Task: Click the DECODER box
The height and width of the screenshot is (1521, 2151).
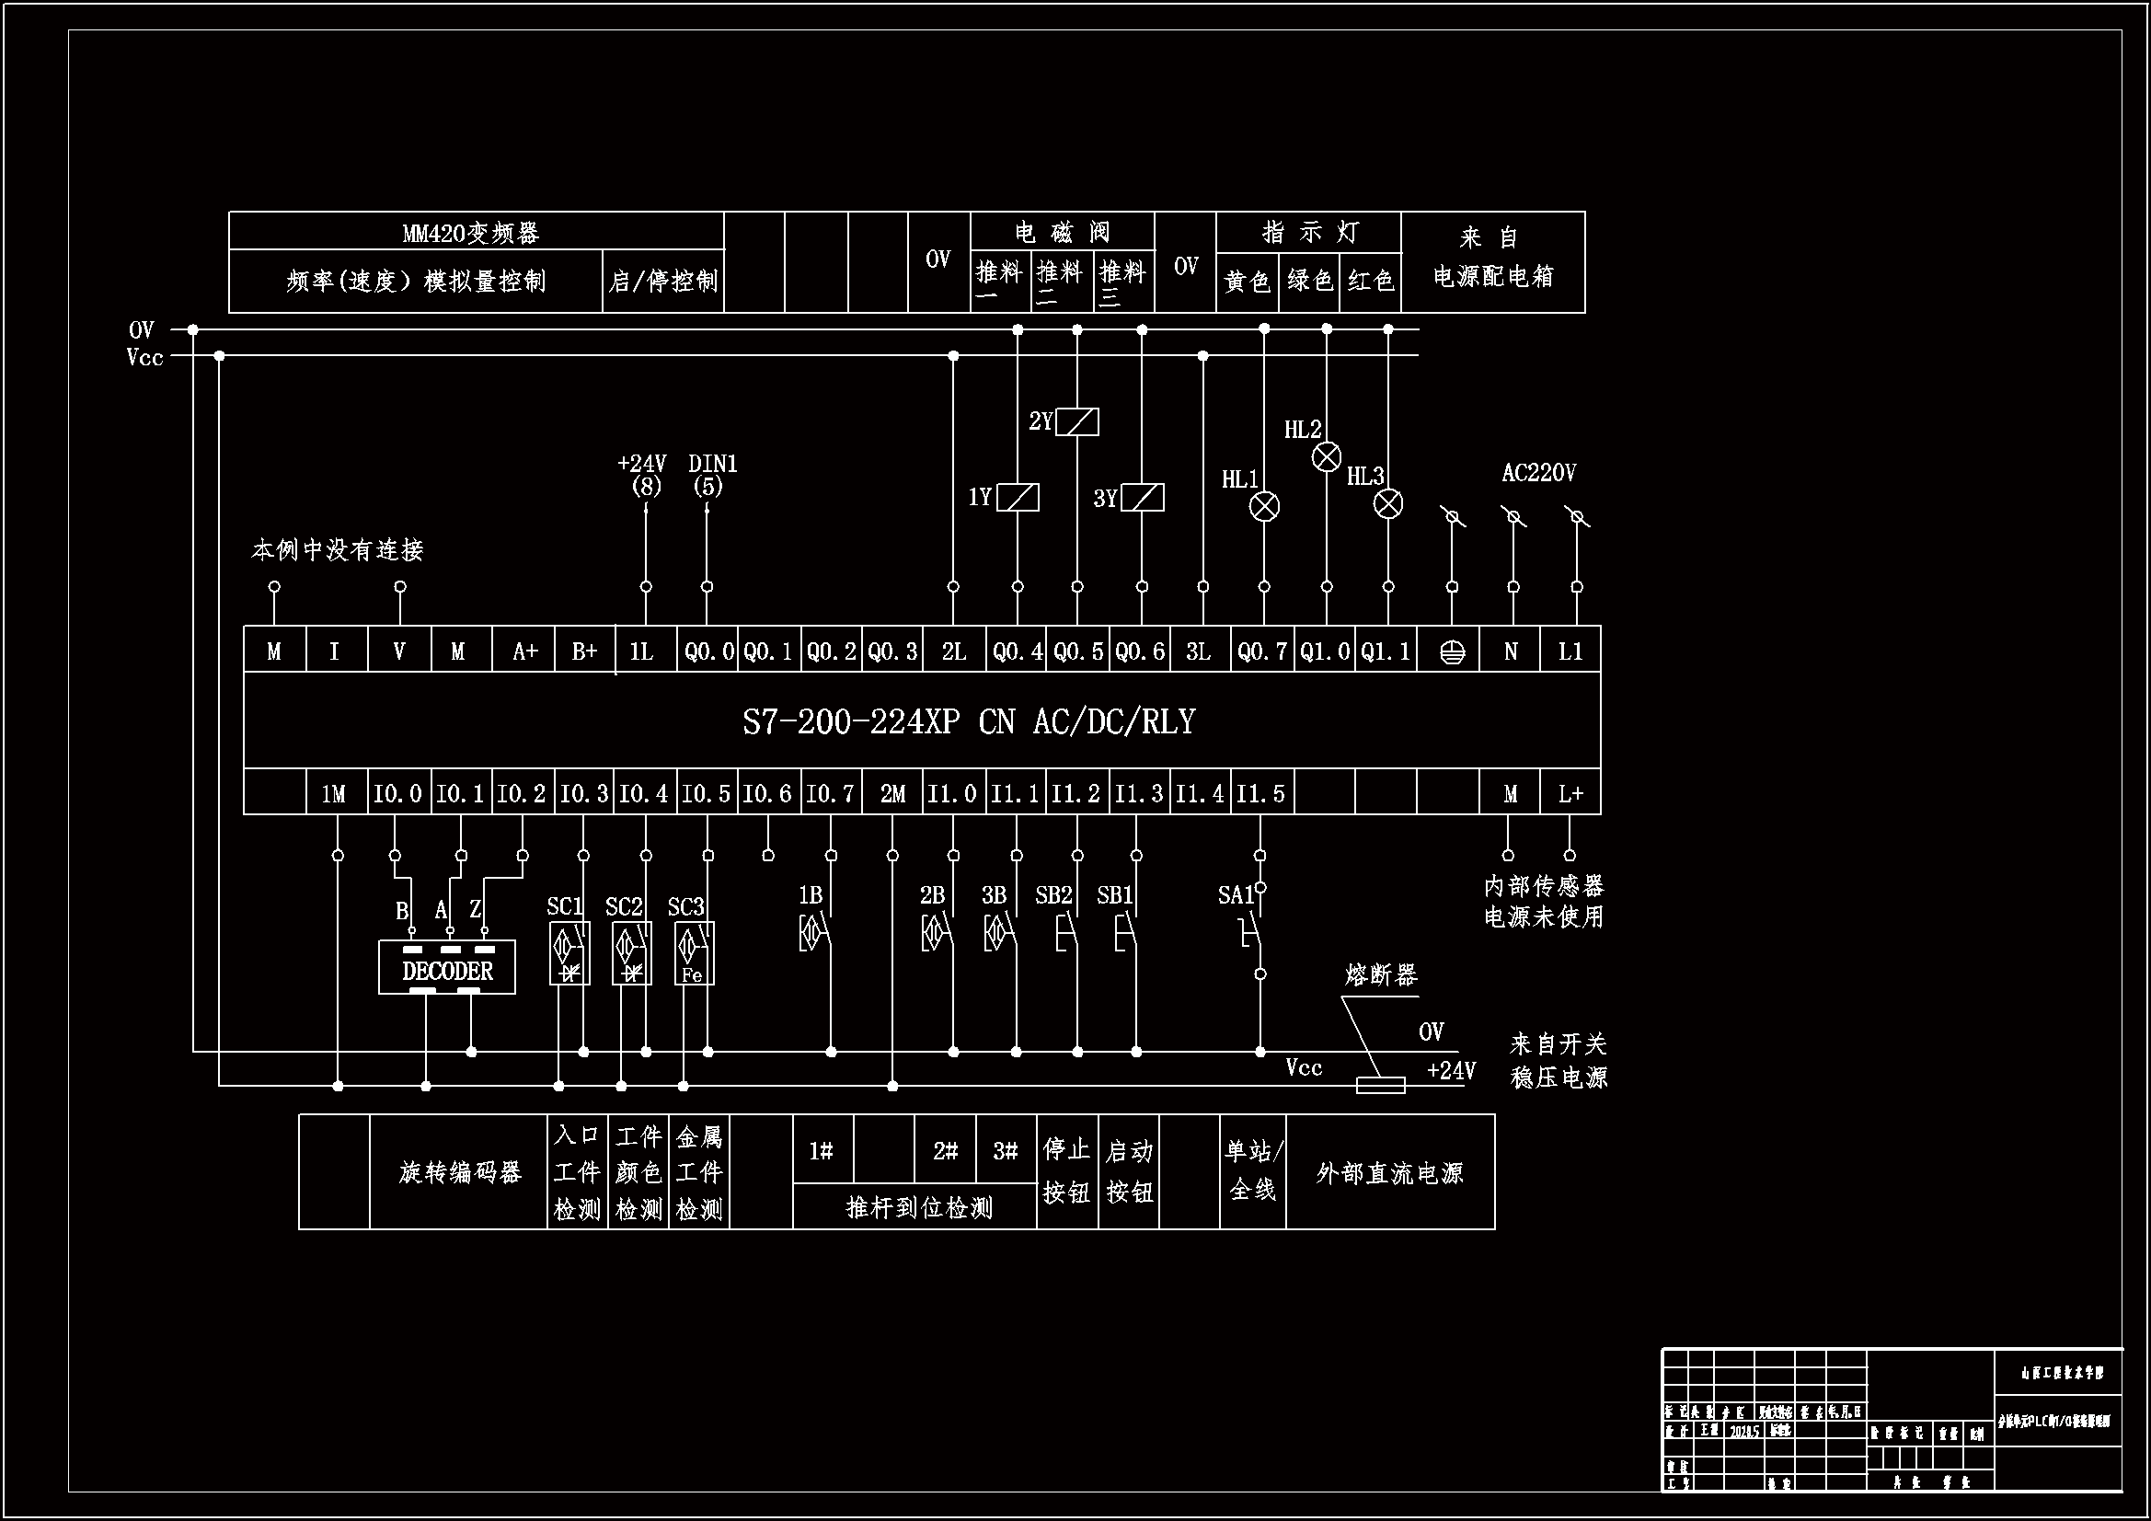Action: point(447,968)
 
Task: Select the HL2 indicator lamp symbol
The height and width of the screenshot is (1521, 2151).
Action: point(1326,457)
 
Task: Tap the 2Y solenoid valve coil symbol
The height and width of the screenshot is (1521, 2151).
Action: point(1077,421)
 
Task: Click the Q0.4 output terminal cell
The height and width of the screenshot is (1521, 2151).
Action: point(1018,651)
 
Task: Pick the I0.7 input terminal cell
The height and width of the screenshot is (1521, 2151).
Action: point(830,794)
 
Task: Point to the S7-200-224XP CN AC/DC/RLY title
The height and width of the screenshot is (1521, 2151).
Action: point(969,721)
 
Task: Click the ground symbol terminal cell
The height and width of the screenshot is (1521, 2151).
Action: point(1451,651)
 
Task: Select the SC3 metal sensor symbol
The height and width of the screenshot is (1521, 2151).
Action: point(695,953)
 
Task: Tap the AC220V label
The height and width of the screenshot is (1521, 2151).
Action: point(1538,473)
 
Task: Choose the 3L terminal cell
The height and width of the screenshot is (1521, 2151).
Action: point(1198,651)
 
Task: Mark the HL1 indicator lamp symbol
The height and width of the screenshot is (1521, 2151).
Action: point(1264,506)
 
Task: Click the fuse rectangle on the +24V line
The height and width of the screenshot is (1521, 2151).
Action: point(1381,1085)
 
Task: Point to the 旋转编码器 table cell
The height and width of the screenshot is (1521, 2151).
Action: point(459,1172)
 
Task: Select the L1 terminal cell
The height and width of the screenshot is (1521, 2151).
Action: point(1570,651)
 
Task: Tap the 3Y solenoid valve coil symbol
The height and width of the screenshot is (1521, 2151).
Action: point(1143,497)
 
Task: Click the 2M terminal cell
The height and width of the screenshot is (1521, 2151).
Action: point(891,794)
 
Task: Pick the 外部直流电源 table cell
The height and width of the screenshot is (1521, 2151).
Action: point(1389,1172)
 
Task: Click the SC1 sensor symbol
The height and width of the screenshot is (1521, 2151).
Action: point(569,953)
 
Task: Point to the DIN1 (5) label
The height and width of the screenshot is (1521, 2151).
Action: point(713,474)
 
